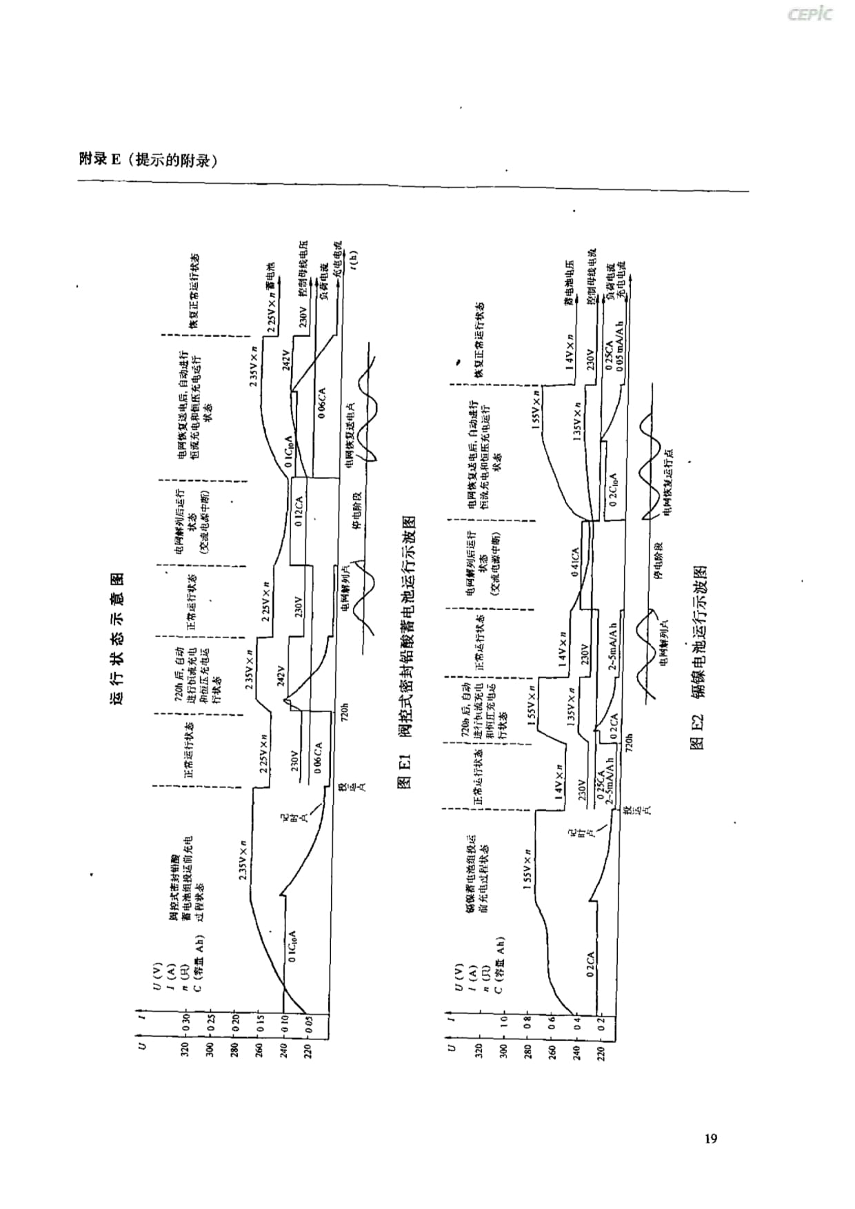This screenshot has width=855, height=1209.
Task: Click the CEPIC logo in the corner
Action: click(x=809, y=14)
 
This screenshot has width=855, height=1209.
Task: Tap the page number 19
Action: click(x=711, y=1138)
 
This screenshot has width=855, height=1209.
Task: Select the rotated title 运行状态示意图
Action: click(x=118, y=637)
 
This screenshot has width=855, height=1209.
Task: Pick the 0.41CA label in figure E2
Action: click(x=575, y=562)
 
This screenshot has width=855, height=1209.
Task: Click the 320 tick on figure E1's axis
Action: click(x=185, y=1050)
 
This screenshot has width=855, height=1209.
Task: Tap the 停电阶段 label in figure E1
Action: click(x=356, y=511)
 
